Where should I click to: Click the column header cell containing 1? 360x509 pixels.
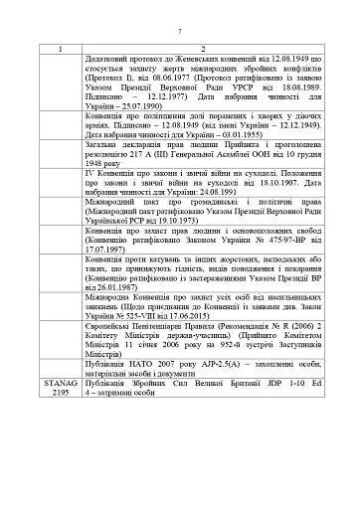[59, 49]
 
